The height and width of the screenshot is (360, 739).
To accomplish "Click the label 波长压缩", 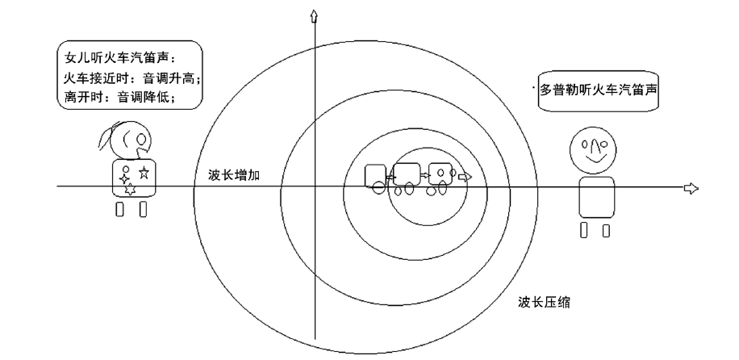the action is pos(546,303).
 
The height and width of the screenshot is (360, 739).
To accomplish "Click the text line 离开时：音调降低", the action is pos(119,97).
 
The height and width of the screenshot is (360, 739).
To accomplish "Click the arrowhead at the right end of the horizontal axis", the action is pos(691,188).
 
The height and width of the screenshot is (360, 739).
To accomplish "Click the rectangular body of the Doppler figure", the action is pos(597,197).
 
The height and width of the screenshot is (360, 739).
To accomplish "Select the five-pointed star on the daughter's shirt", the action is pos(144,171).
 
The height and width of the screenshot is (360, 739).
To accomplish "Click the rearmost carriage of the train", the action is pos(376,175).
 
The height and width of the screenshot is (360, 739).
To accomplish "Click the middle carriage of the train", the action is pos(407,174).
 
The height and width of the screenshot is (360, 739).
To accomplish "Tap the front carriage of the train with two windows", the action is pos(440,174).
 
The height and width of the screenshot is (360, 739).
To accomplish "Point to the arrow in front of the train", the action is pos(465,176).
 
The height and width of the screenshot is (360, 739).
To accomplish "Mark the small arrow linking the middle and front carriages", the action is pos(424,174).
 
